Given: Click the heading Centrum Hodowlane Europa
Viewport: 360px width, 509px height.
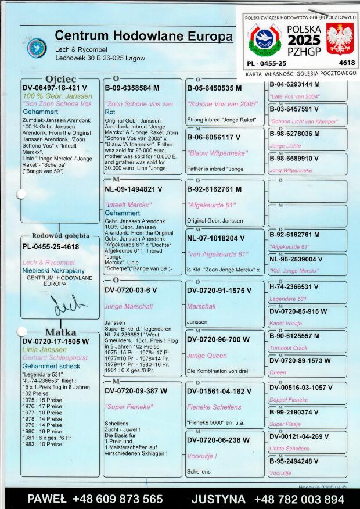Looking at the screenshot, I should click(x=143, y=36).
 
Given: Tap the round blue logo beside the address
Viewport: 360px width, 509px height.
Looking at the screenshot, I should click(x=37, y=48).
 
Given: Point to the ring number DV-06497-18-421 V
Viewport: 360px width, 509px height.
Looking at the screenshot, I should click(x=55, y=88).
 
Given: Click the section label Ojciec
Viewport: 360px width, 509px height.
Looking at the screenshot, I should click(x=60, y=78).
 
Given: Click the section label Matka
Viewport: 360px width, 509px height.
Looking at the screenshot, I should click(x=61, y=332).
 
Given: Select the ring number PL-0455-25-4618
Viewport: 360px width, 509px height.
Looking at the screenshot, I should click(x=51, y=246).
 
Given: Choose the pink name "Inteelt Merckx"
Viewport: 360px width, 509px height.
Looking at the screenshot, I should click(x=128, y=205).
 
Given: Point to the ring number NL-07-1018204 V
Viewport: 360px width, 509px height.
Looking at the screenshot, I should click(x=215, y=238).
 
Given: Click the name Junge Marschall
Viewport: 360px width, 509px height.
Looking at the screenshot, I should click(x=128, y=306).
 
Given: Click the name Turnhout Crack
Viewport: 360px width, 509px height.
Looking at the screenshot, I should click(x=289, y=347).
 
